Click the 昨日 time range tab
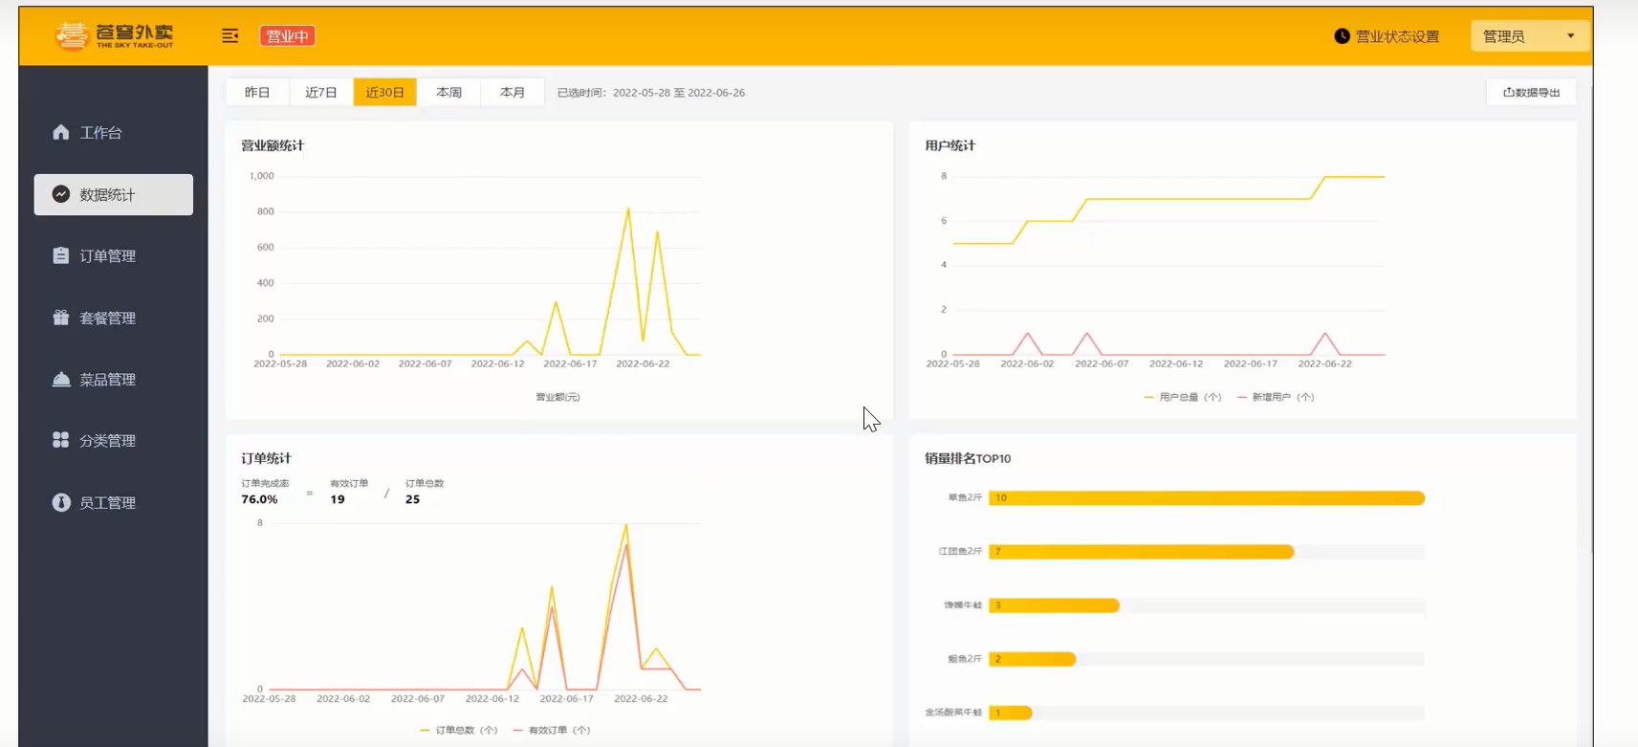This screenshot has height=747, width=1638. coord(257,93)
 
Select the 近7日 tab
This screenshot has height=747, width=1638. coord(321,93)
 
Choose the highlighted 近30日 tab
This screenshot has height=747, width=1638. coord(385,93)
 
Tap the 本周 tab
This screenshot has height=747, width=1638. coord(448,93)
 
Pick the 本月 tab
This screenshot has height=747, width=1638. coord(513,93)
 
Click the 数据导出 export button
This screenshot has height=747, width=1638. coord(1531,93)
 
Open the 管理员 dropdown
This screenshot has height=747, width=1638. coord(1528,36)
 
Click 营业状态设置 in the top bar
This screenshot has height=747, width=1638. coord(1387,36)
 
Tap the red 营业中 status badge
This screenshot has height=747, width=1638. coord(288,36)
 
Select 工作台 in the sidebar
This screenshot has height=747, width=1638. coord(101,133)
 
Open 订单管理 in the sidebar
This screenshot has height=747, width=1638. coord(107,256)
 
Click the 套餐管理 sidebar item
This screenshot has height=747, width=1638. coord(107,318)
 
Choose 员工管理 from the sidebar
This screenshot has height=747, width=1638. coord(107,503)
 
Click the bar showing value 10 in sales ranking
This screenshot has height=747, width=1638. coord(1207,498)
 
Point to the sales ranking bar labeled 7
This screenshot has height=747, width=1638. coord(1141,552)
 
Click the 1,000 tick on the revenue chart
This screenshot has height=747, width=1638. coord(261,176)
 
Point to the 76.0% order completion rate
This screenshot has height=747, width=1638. coord(259,499)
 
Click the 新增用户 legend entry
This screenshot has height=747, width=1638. coord(1276,397)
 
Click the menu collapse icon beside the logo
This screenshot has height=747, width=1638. coord(230,36)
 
